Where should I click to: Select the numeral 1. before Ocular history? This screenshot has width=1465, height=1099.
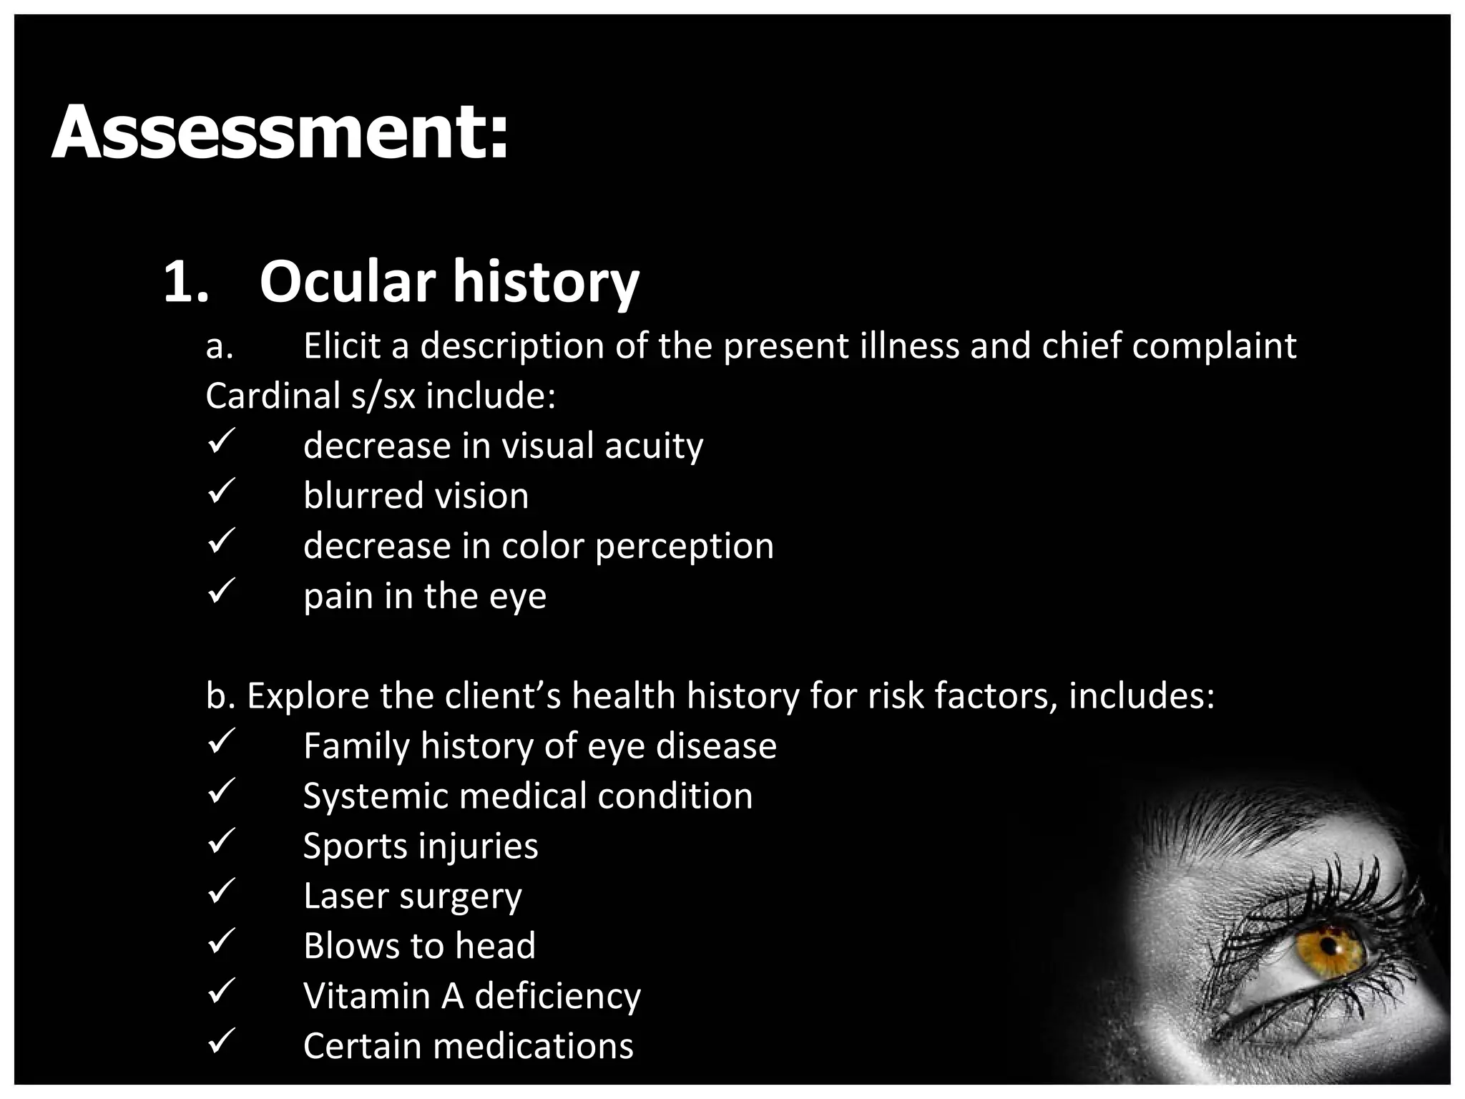tap(185, 283)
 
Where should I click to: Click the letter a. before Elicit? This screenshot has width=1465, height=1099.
tap(219, 347)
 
